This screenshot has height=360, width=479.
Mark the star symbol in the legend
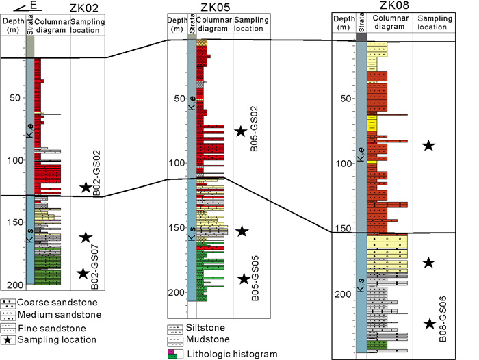click(x=7, y=339)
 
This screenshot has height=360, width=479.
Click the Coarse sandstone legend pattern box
click(x=8, y=303)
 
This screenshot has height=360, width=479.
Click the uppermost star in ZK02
click(x=86, y=187)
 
